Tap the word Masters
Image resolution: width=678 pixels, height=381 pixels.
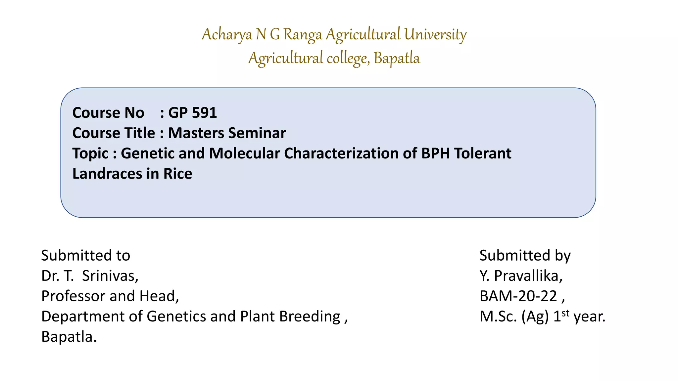click(196, 133)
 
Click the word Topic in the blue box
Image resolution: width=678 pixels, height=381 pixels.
click(90, 153)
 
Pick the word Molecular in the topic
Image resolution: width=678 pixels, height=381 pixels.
click(244, 153)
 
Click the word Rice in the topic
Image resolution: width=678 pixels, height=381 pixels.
click(178, 174)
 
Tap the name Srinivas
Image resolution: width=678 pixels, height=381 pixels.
click(110, 276)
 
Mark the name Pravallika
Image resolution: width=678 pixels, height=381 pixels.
click(528, 276)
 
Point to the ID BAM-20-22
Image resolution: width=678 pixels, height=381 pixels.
click(518, 296)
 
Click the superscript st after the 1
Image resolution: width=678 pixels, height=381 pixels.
click(565, 313)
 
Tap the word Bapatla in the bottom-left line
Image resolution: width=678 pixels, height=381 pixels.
click(69, 337)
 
